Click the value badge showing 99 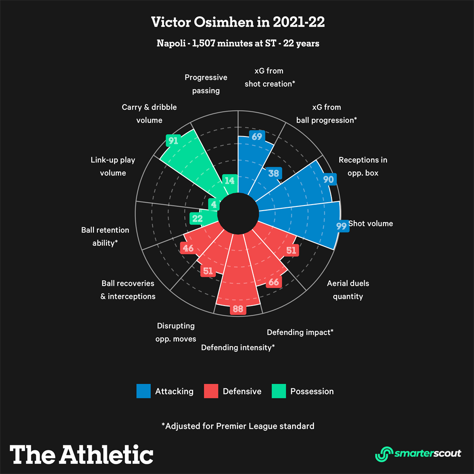click(x=342, y=226)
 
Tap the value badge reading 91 click(x=173, y=141)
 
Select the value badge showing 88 click(x=238, y=309)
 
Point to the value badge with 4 click(x=213, y=204)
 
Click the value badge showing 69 click(x=256, y=137)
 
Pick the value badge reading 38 click(x=274, y=173)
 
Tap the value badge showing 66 click(x=274, y=281)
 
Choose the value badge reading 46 click(x=187, y=248)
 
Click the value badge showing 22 click(x=197, y=218)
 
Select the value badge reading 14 click(x=229, y=181)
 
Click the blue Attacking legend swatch click(x=143, y=391)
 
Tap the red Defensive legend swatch click(x=211, y=391)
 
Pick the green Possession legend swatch click(x=279, y=391)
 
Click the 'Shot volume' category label click(x=370, y=224)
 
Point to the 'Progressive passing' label click(x=206, y=84)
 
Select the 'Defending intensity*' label click(x=238, y=347)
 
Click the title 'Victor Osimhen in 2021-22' click(x=237, y=22)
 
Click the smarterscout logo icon click(x=383, y=453)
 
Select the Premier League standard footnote click(x=237, y=426)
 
